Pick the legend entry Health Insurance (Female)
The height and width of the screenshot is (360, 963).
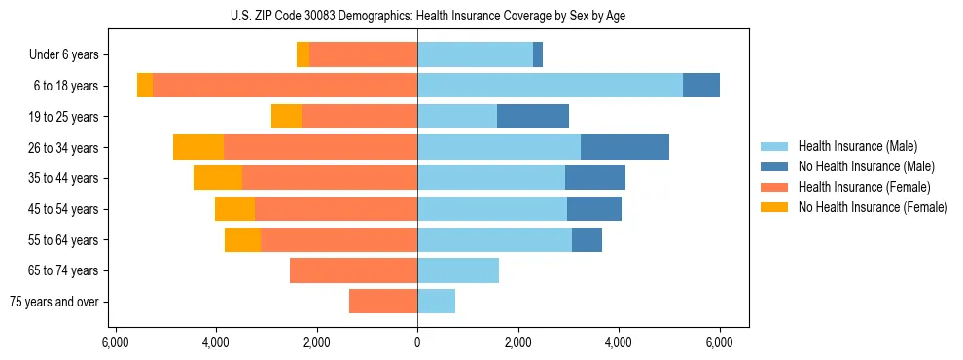click(x=864, y=187)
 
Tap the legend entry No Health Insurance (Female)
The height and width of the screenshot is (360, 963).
click(x=872, y=207)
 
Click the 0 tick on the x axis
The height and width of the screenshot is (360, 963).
click(x=417, y=342)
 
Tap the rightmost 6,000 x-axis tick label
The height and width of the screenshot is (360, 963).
click(x=719, y=342)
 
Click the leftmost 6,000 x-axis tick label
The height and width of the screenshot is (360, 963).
click(x=116, y=342)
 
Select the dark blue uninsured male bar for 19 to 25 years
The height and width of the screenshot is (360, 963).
click(x=532, y=117)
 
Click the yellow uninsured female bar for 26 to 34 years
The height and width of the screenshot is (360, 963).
click(x=198, y=147)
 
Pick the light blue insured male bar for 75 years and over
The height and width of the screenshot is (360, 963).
click(x=436, y=302)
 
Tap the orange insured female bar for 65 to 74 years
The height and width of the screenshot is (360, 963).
click(x=353, y=270)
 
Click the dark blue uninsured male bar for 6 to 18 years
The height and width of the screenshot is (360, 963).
click(x=700, y=86)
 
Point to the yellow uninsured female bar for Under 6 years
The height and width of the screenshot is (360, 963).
click(x=303, y=54)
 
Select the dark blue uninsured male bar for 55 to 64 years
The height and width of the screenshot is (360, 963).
click(x=587, y=239)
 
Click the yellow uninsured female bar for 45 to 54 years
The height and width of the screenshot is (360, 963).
click(x=234, y=209)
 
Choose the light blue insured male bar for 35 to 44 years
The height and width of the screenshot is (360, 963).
click(x=491, y=178)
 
